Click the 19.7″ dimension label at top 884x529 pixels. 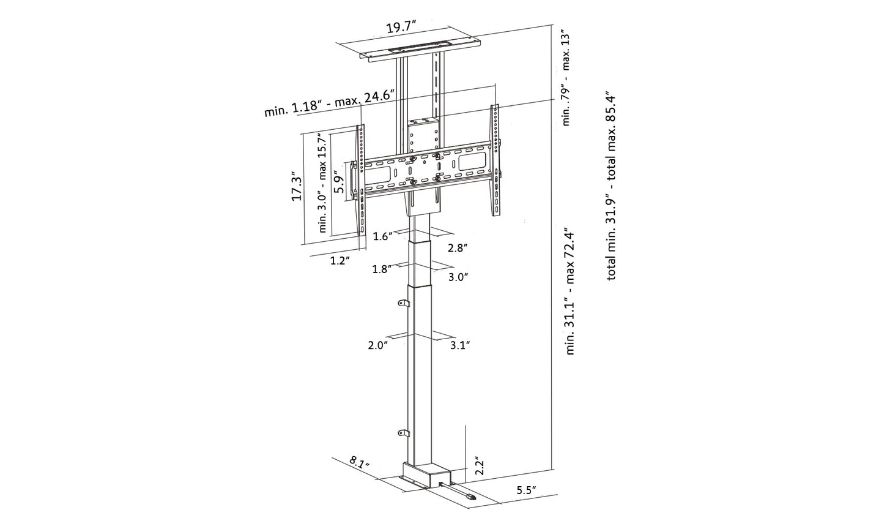pyautogui.click(x=401, y=28)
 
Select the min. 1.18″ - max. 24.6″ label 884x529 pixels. pyautogui.click(x=329, y=103)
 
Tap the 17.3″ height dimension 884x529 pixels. pyautogui.click(x=297, y=187)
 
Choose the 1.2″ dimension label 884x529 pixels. pyautogui.click(x=340, y=261)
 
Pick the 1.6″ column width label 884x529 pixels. pyautogui.click(x=382, y=237)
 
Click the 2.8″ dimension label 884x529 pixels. pyautogui.click(x=458, y=248)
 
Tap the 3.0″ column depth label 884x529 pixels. pyautogui.click(x=458, y=277)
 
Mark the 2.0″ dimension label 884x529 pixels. pyautogui.click(x=378, y=345)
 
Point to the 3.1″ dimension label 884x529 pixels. pyautogui.click(x=459, y=345)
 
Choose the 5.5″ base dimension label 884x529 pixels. pyautogui.click(x=526, y=490)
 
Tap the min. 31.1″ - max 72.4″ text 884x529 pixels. pyautogui.click(x=570, y=290)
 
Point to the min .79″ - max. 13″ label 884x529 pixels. pyautogui.click(x=566, y=77)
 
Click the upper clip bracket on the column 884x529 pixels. pyautogui.click(x=403, y=304)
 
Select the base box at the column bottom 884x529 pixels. pyautogui.click(x=425, y=475)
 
